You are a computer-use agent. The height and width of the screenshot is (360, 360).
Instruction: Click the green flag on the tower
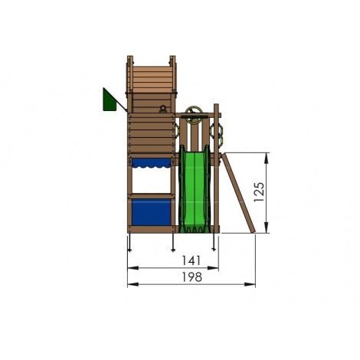(108, 100)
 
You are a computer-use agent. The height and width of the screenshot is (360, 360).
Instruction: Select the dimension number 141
(172, 260)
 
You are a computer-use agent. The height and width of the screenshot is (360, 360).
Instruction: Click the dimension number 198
(191, 277)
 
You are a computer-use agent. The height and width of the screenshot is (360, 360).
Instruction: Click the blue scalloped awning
(154, 162)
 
